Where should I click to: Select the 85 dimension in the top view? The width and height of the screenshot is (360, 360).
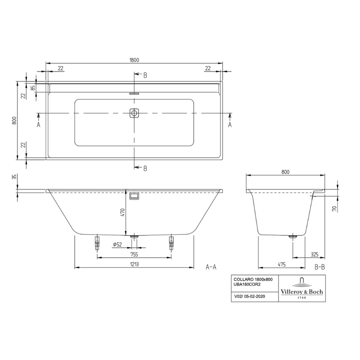point(33,88)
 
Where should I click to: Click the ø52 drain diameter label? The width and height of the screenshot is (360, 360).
point(118,244)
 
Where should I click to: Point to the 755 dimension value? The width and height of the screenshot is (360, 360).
point(134,254)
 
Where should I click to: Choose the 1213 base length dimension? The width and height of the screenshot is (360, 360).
point(134,264)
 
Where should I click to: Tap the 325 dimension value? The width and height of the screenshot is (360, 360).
point(315,254)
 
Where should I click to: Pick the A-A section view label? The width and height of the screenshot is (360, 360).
point(211,267)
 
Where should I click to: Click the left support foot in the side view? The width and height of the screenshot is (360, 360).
point(97,244)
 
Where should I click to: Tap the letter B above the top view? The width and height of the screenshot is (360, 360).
point(145,75)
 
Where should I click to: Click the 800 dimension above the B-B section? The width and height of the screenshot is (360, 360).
point(285,171)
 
